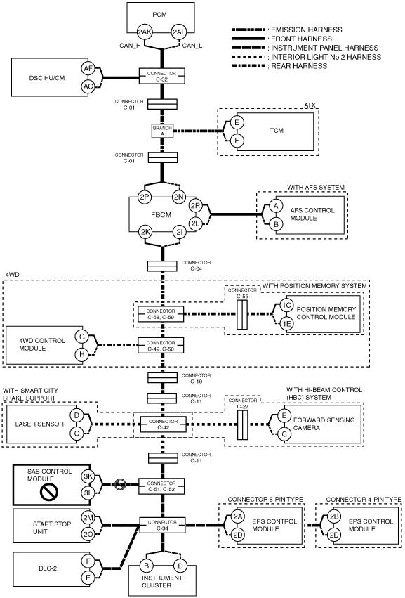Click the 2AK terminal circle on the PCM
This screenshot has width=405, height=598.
[x=145, y=32]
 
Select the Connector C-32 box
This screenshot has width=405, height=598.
[x=162, y=77]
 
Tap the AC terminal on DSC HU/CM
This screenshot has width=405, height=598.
[x=88, y=87]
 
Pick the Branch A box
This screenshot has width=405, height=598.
[x=162, y=131]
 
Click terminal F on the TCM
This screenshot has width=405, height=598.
[x=237, y=141]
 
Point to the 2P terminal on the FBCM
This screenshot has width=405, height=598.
[x=145, y=197]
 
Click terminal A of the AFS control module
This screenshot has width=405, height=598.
[x=276, y=206]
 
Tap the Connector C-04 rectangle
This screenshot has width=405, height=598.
[x=162, y=266]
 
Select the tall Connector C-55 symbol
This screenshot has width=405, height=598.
[x=242, y=315]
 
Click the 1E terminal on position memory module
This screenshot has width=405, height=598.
[x=286, y=324]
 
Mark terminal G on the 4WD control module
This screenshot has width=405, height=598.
[x=81, y=337]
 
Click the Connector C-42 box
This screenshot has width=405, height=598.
[x=163, y=424]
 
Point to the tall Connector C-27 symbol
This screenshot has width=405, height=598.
[x=243, y=425]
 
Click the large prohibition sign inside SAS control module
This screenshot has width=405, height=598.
[x=48, y=492]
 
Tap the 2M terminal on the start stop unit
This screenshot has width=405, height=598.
[x=88, y=517]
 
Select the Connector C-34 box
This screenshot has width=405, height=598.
[x=162, y=525]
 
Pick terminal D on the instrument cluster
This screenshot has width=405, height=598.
[x=180, y=566]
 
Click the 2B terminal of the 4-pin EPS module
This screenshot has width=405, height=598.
[x=334, y=516]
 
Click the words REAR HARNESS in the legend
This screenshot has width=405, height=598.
[x=299, y=66]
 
